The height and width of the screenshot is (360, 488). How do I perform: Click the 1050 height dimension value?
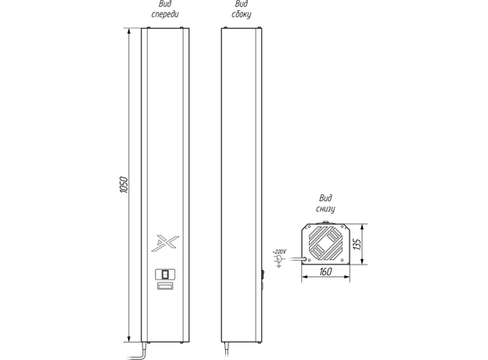(x=123, y=186)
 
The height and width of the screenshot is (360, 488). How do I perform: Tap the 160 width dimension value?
(x=325, y=272)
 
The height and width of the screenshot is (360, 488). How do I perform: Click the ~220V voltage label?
(x=279, y=250)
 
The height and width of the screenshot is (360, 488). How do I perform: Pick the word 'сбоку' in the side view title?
(x=242, y=15)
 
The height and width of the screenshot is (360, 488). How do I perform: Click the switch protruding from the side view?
(x=263, y=273)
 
